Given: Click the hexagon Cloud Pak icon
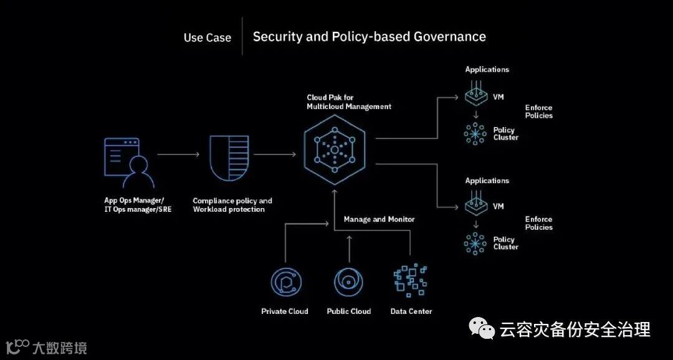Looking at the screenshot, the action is pos(335,150).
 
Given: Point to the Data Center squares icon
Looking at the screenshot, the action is pos(411,281).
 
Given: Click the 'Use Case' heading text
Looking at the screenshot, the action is pos(207,37).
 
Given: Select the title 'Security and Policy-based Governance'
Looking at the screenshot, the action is pos(369,36).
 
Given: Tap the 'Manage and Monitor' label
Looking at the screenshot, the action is pos(379,219).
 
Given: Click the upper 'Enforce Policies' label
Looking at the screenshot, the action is pos(538,111).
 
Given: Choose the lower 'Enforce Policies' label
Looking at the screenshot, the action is pos(538,223).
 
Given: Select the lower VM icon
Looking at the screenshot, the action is pos(475,206).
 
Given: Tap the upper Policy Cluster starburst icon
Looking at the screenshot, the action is pos(475,134).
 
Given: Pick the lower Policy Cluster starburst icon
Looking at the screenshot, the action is pos(475,243).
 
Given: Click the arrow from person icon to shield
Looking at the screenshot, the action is pos(178,154).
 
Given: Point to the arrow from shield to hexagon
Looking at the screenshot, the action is pos(275,154).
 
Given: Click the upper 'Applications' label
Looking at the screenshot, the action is pos(487,70).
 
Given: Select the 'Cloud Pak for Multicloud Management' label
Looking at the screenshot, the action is pos(348,102).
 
